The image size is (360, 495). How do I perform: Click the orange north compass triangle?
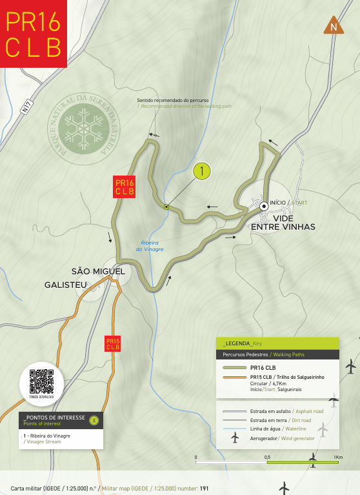tap(334, 26)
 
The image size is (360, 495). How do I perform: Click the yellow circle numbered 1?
tap(202, 171)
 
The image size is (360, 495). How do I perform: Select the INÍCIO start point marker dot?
tap(264, 206)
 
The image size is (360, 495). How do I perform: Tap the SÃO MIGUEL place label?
tap(98, 271)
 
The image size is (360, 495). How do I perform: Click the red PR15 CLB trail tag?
tap(113, 344)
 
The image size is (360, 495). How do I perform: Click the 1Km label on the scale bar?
tap(338, 458)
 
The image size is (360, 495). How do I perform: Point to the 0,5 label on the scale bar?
tap(266, 458)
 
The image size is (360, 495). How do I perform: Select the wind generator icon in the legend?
tap(235, 438)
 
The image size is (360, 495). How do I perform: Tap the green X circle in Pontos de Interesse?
tap(95, 420)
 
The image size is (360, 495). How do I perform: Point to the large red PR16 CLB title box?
tap(34, 34)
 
